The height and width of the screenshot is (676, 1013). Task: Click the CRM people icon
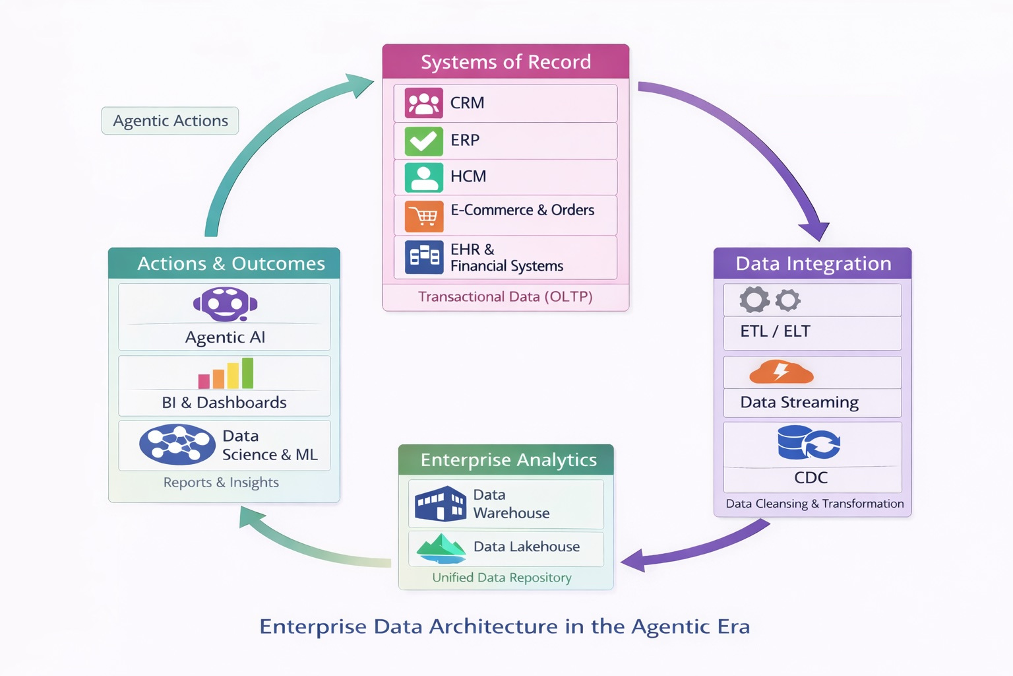(x=423, y=103)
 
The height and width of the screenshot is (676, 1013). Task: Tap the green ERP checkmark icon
(x=423, y=141)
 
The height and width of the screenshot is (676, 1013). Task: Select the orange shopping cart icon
(x=423, y=215)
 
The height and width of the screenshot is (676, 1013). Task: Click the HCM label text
(x=468, y=176)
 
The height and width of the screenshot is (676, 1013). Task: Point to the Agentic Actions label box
(x=170, y=121)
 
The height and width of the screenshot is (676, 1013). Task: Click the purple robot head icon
(x=225, y=305)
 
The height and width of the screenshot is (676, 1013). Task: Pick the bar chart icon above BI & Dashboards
(x=226, y=374)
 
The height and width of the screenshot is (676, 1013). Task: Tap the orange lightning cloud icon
(x=781, y=372)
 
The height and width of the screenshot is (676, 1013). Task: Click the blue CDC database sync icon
(x=808, y=442)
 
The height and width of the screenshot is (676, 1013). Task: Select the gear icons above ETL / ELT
(x=770, y=300)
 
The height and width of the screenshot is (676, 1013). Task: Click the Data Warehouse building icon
(x=441, y=504)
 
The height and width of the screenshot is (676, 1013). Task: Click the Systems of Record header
(x=506, y=62)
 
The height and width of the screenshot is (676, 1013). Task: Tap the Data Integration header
(x=813, y=263)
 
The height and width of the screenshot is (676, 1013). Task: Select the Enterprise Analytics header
(x=508, y=459)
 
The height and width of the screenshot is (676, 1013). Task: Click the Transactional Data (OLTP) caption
(x=505, y=297)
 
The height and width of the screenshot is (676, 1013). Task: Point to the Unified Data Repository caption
(x=501, y=578)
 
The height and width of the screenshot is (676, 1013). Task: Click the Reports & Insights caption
(x=221, y=483)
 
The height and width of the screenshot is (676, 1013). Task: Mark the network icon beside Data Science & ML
(x=177, y=444)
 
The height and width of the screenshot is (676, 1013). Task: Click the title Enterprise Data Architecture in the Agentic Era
(x=505, y=626)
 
